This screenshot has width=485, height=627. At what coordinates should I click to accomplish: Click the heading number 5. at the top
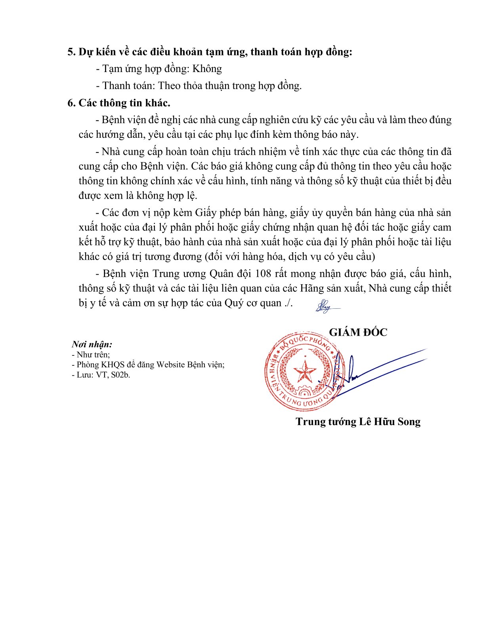click(71, 52)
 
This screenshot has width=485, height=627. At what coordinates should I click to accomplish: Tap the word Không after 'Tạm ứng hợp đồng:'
click(207, 69)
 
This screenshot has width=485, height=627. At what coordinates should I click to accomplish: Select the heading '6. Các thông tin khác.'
click(119, 103)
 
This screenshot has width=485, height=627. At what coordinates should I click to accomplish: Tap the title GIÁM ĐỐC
click(358, 332)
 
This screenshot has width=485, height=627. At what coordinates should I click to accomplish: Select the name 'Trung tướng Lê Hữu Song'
click(358, 422)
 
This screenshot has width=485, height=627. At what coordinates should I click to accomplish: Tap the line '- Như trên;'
click(91, 355)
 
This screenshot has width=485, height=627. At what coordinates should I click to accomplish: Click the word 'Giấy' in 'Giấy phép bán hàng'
click(206, 213)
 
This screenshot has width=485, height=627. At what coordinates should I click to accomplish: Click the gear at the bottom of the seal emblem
click(304, 392)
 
